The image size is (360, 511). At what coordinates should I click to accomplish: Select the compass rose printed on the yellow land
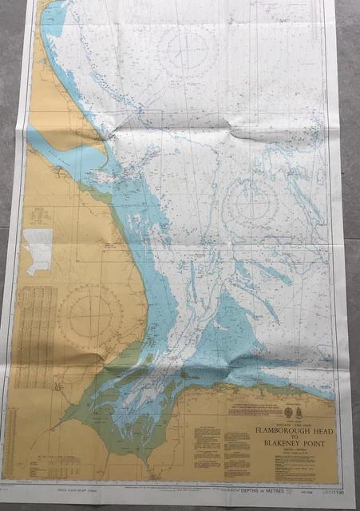89,316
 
